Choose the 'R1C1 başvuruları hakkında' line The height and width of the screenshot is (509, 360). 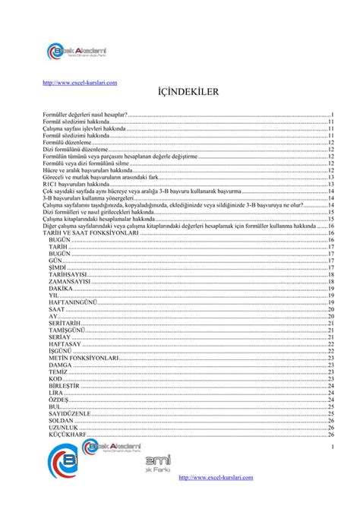pos(77,184)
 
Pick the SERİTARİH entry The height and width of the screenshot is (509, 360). pos(65,322)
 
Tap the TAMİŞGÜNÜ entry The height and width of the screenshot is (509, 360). pos(66,330)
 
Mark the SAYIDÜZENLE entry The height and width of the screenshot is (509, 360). pos(69,413)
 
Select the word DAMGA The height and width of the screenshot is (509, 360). pos(60,365)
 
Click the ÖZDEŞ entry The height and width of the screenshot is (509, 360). pos(58,400)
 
